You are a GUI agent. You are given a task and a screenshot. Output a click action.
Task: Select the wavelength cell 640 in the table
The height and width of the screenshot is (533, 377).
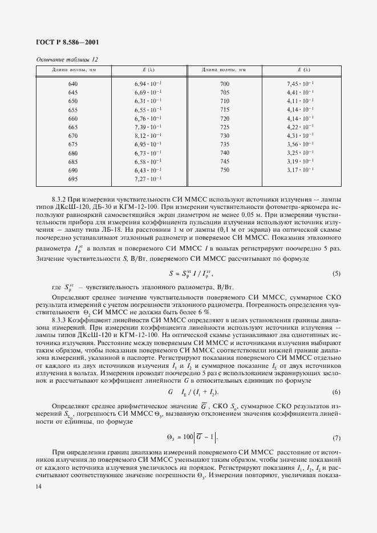pyautogui.click(x=72, y=84)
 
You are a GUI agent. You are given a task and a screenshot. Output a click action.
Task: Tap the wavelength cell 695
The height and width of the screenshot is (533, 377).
pyautogui.click(x=72, y=179)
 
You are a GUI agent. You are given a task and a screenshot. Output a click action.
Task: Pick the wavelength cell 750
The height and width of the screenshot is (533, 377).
pyautogui.click(x=224, y=170)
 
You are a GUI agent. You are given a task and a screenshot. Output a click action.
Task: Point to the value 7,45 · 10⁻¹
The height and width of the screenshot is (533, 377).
pyautogui.click(x=300, y=84)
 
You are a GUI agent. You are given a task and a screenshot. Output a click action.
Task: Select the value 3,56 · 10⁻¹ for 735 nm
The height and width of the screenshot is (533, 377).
pyautogui.click(x=300, y=145)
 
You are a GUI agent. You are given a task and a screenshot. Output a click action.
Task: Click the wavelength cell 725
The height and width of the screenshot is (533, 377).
pyautogui.click(x=224, y=127)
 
